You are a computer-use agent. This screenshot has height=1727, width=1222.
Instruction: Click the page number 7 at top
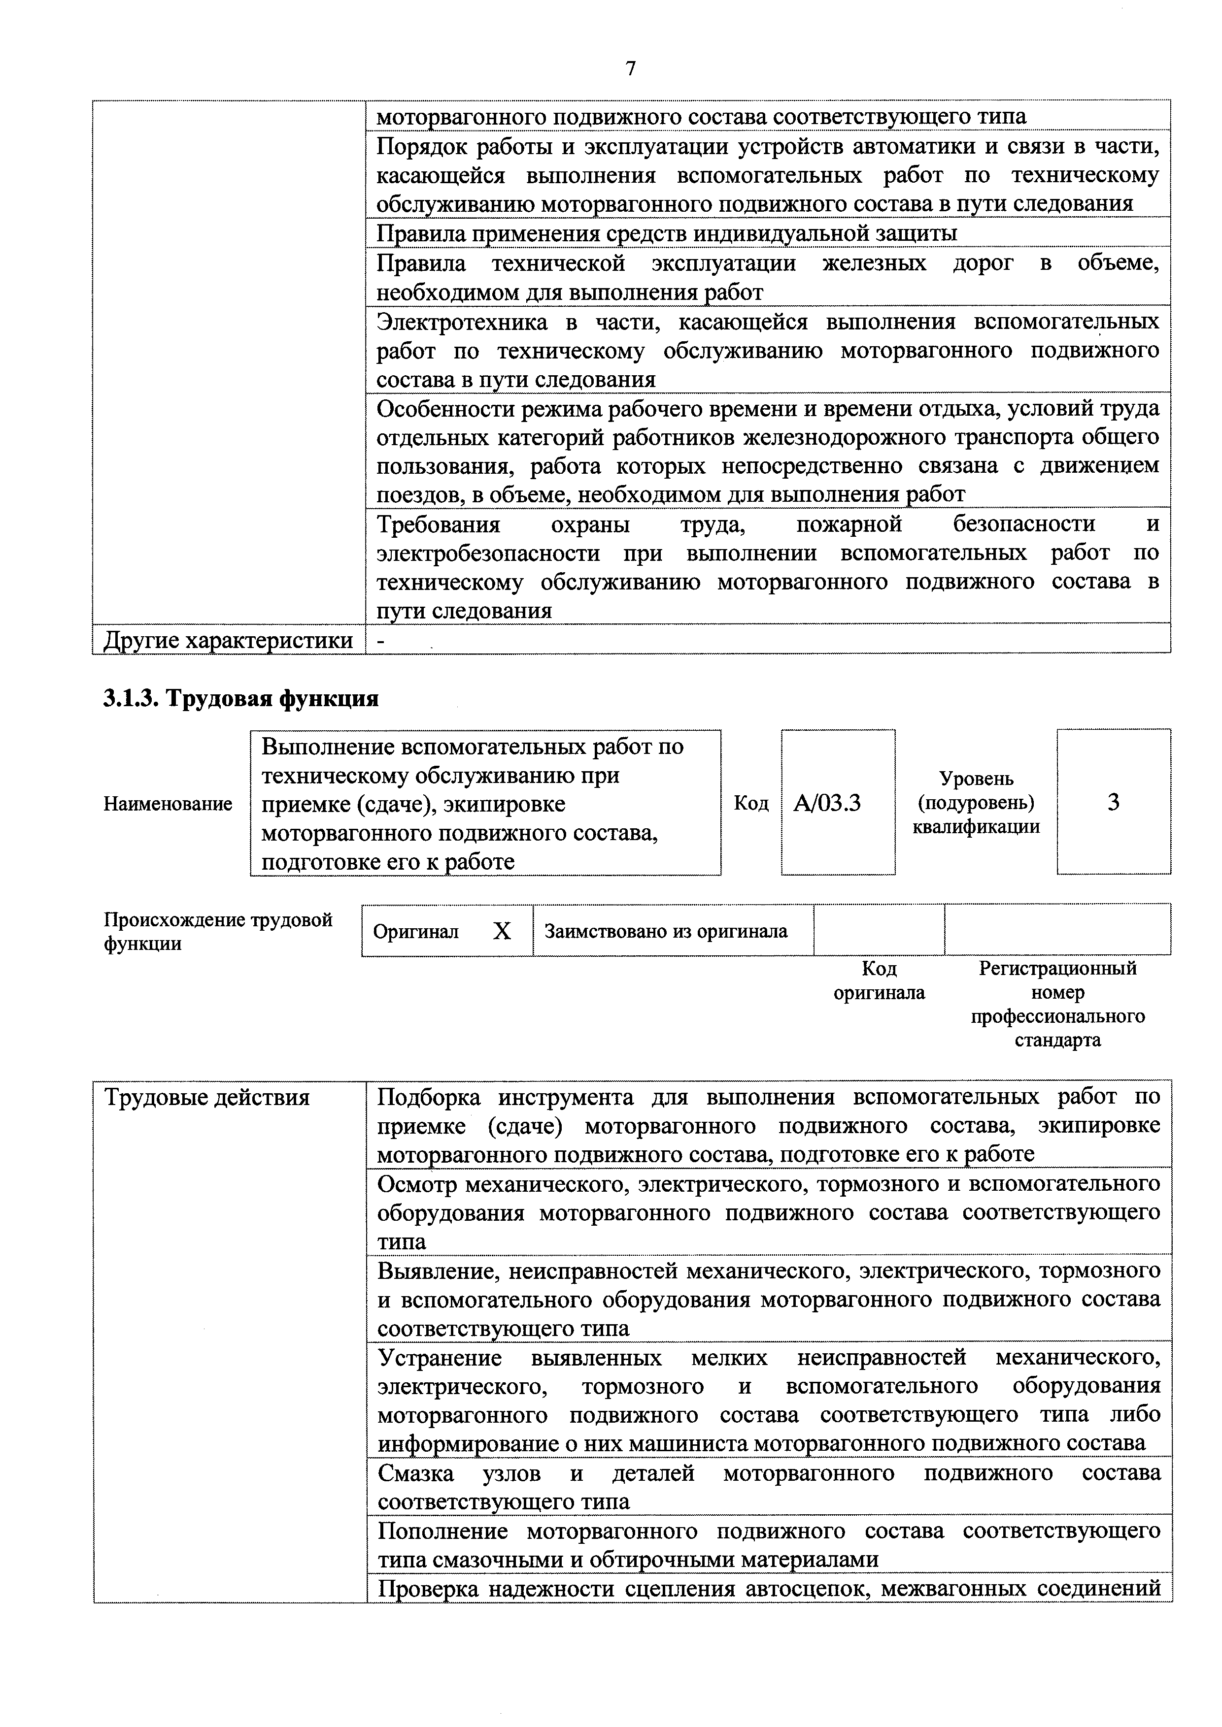click(x=631, y=69)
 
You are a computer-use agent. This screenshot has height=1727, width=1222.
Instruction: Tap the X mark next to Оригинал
click(x=502, y=931)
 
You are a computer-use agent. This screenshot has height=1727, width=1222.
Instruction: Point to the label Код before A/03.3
click(x=751, y=803)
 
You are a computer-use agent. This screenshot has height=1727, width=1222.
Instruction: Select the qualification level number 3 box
click(x=1113, y=802)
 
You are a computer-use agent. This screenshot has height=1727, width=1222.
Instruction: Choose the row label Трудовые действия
click(x=207, y=1098)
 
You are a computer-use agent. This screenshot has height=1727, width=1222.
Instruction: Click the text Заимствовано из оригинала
click(x=666, y=931)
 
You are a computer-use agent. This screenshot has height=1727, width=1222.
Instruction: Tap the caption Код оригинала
click(x=879, y=980)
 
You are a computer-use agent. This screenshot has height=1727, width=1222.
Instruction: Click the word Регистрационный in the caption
click(x=1057, y=968)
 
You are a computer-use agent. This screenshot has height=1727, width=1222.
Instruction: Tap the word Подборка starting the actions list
click(x=428, y=1098)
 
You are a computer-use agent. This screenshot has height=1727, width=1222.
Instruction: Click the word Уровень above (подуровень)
click(x=976, y=779)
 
